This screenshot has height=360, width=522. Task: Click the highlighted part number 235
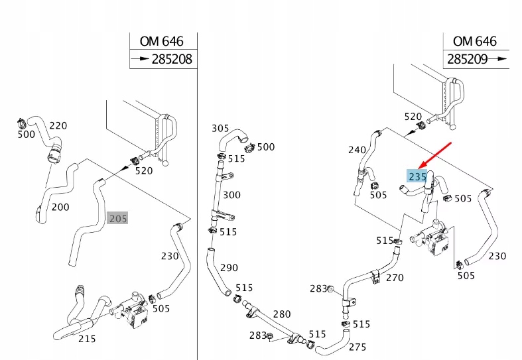click(x=417, y=176)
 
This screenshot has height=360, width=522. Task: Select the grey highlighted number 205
click(x=118, y=218)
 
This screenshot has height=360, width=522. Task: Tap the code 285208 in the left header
click(x=171, y=59)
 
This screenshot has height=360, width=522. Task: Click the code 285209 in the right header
click(x=468, y=59)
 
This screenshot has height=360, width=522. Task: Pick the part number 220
click(x=58, y=125)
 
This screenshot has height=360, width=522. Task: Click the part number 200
click(x=60, y=207)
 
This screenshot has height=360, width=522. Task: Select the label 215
click(x=86, y=339)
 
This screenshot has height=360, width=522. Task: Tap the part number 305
click(x=220, y=128)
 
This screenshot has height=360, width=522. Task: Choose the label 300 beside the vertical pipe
click(x=231, y=195)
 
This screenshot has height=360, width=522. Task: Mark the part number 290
click(x=229, y=268)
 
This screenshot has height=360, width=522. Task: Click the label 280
click(x=282, y=314)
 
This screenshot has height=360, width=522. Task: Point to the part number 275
click(x=358, y=346)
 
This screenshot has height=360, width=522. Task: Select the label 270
click(x=395, y=278)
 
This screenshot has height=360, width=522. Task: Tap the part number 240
click(x=357, y=150)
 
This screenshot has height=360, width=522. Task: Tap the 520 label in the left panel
click(x=144, y=170)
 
